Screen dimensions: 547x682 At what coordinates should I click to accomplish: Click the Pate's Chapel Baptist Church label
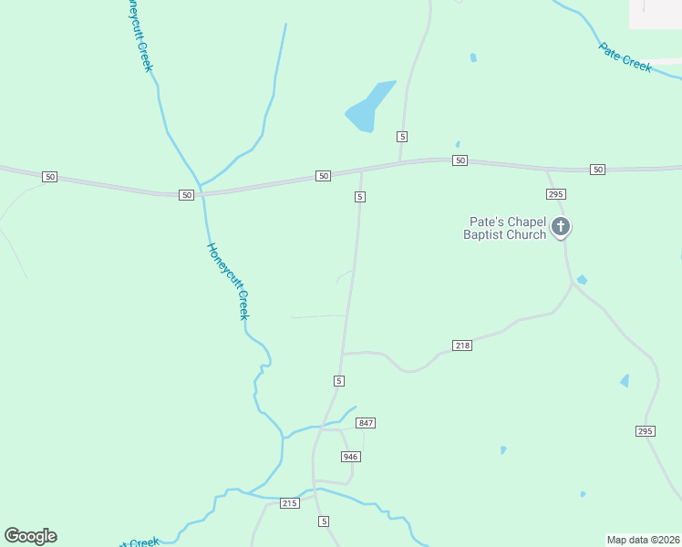tap(507, 228)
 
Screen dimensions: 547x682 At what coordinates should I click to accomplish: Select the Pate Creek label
tap(625, 57)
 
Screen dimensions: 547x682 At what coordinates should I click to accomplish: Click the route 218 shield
tap(462, 346)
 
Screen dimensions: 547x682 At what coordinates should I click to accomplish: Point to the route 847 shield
tap(367, 423)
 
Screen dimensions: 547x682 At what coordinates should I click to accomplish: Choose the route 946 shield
tap(351, 456)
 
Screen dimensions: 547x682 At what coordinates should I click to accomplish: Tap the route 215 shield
tap(290, 503)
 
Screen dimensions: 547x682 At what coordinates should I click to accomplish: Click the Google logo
tap(31, 536)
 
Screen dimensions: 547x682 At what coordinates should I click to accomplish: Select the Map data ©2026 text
tap(643, 539)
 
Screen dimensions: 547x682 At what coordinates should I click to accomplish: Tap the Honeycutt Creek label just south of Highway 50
tap(228, 280)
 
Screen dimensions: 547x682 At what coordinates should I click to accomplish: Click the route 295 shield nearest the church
tap(556, 194)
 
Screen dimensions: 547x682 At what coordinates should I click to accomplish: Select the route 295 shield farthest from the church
tap(646, 430)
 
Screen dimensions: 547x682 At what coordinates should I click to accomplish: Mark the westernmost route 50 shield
tap(49, 176)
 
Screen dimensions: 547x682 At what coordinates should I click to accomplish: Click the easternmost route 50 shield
tap(597, 170)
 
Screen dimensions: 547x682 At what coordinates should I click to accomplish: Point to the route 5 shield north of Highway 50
tap(401, 136)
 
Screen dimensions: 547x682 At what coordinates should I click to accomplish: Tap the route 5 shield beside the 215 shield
tap(323, 521)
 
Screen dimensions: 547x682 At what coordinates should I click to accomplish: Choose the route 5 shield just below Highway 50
tap(360, 197)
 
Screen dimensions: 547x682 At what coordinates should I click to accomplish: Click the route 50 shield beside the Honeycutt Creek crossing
tap(186, 194)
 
